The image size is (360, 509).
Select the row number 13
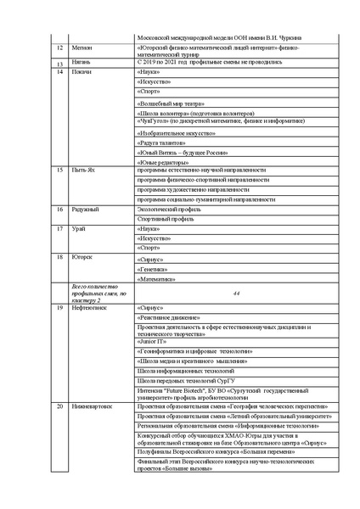coord(59,64)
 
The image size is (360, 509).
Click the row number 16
coord(59,209)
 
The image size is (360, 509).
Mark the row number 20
coord(59,406)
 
